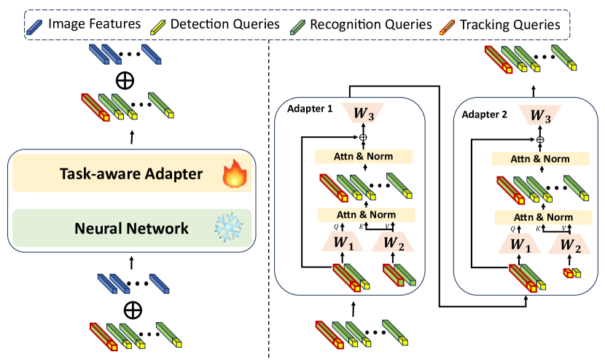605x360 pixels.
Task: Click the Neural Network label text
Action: point(132,228)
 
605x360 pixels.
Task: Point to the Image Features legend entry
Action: point(87,24)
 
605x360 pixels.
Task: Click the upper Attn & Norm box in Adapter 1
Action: point(363,156)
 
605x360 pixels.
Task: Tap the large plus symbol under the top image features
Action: point(126,79)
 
